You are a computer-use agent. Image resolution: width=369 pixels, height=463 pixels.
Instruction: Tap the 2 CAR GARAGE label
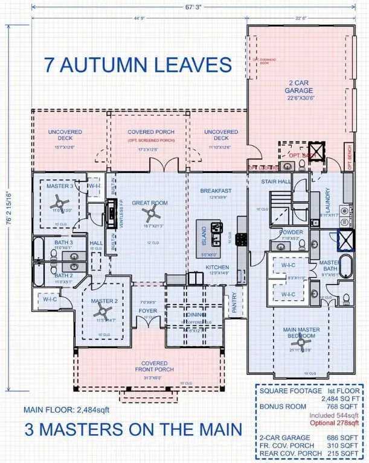coord(299,86)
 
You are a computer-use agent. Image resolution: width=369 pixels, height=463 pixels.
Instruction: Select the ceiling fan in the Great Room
coord(155,210)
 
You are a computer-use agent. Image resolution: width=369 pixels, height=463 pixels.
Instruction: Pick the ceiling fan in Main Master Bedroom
coord(301,347)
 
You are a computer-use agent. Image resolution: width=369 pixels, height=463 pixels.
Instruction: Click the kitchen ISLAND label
coord(204,233)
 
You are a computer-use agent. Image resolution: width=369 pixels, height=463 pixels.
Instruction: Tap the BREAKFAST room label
coord(216,191)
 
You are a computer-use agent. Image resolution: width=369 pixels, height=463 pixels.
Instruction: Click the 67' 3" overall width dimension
coord(185,8)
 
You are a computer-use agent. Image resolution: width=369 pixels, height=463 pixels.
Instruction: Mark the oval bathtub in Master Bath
coord(345,266)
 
